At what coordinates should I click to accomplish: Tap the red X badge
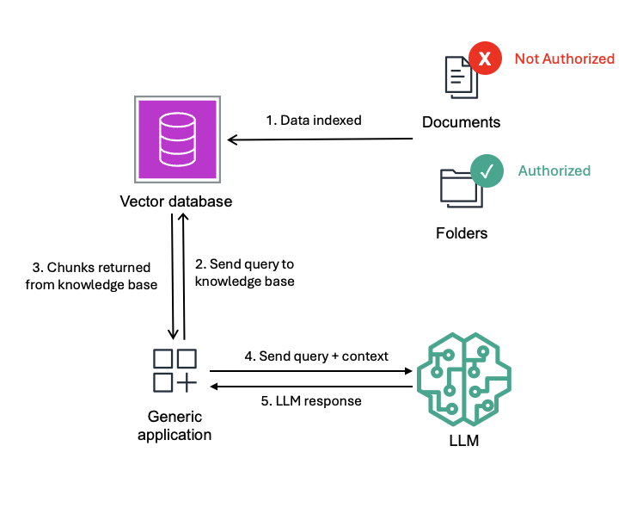(x=485, y=59)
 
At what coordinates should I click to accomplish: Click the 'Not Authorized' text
(x=564, y=59)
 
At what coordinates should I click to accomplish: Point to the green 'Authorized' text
(x=554, y=170)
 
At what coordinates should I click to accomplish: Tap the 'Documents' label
(x=461, y=122)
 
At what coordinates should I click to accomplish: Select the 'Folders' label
(x=462, y=233)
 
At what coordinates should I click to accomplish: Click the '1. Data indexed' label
(x=314, y=121)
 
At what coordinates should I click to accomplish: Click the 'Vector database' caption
(x=175, y=201)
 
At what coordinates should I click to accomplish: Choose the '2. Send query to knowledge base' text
(x=245, y=272)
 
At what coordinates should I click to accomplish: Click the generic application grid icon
(x=175, y=369)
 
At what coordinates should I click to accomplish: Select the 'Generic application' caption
(x=175, y=425)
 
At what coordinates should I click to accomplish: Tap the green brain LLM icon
(x=463, y=379)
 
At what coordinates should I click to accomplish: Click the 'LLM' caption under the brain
(x=463, y=442)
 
